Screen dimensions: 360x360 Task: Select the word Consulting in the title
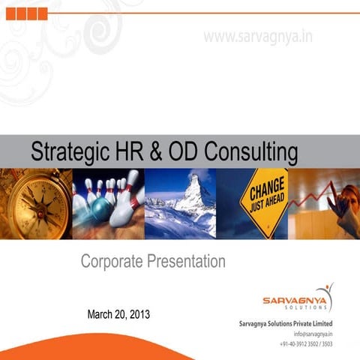252,153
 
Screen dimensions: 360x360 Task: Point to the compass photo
35,203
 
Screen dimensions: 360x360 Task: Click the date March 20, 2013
118,313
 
